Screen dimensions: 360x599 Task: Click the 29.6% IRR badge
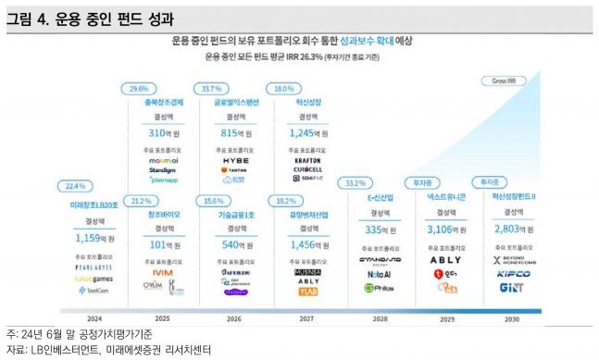139,88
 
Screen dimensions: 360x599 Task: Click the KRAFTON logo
307,159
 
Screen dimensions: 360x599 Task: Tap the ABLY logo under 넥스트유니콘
445,260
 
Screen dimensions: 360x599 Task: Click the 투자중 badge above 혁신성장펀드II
492,182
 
